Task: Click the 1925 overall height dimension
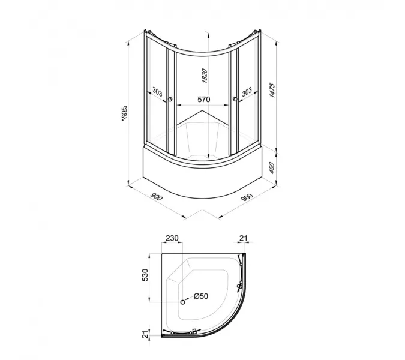[x=124, y=113]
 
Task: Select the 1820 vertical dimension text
[x=205, y=76]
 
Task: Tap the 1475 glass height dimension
[x=272, y=90]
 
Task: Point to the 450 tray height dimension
[x=271, y=168]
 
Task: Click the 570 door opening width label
[x=204, y=100]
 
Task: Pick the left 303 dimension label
[x=157, y=92]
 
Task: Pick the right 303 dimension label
[x=247, y=92]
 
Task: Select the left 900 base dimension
[x=156, y=197]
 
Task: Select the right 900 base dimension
[x=247, y=197]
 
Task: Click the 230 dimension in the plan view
[x=172, y=238]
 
